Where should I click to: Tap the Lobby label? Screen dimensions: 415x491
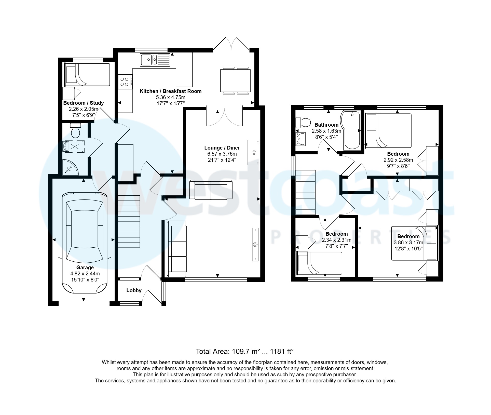tap(134, 290)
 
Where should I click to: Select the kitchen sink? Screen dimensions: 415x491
tap(155, 60)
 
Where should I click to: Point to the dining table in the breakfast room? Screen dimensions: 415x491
tap(236, 81)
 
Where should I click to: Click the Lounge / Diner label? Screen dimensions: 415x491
tap(222, 148)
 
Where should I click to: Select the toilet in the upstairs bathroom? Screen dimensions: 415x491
tap(303, 123)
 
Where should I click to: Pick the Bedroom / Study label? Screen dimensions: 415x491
tap(84, 103)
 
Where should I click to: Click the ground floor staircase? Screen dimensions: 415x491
tap(129, 221)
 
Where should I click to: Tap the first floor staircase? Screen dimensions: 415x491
tap(305, 193)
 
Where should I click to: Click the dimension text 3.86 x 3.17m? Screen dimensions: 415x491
tap(408, 243)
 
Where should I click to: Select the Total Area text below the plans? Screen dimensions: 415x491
tap(244, 352)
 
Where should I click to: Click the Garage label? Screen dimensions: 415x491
tap(85, 267)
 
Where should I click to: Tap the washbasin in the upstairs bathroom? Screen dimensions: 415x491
tap(301, 139)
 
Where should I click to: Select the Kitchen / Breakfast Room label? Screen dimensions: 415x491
tap(170, 91)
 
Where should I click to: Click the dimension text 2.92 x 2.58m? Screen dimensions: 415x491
tap(398, 160)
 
